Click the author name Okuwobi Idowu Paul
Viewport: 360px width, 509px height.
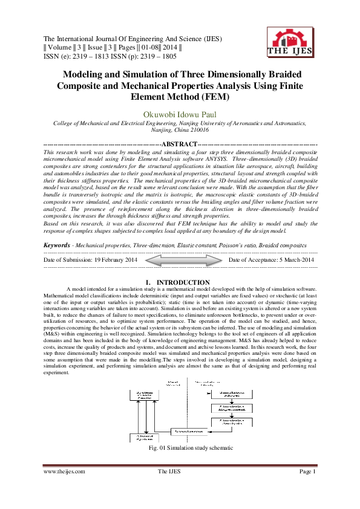(x=180, y=114)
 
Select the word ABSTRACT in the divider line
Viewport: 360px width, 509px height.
(x=180, y=144)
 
